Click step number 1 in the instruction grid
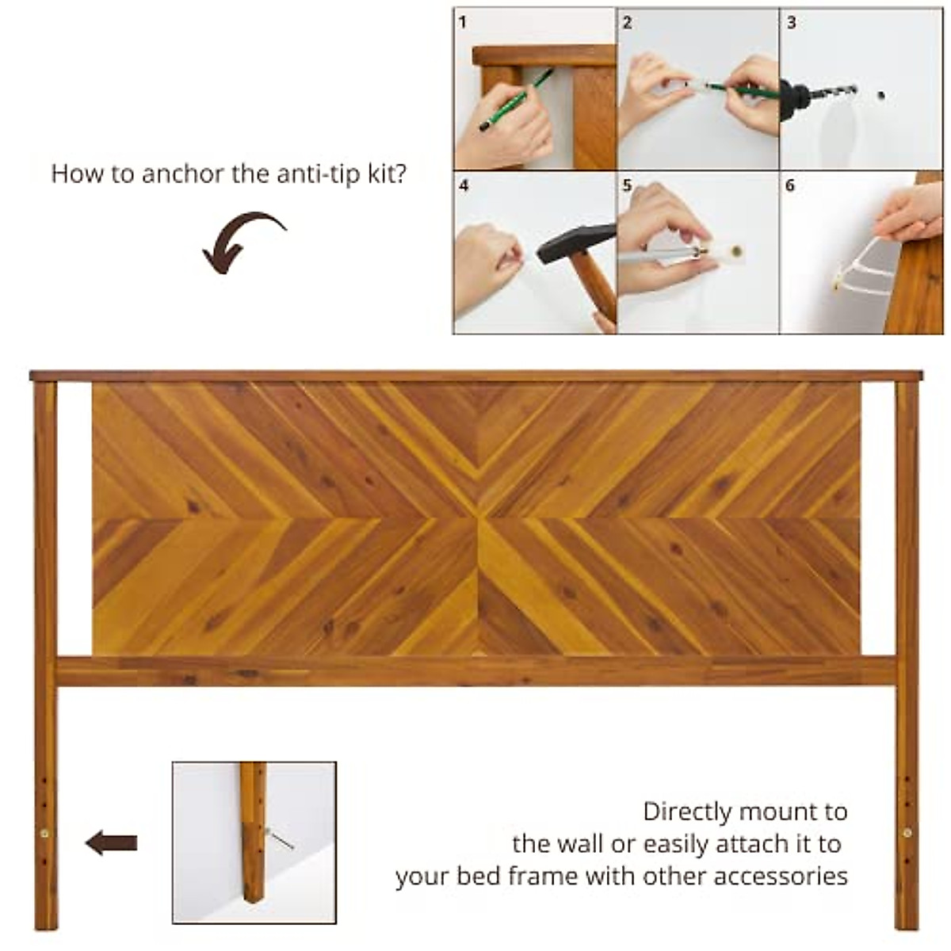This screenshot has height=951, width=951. click(x=463, y=22)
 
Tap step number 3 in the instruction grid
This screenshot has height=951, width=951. click(x=791, y=22)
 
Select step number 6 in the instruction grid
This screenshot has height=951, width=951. click(x=789, y=185)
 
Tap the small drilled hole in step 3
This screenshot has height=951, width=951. click(x=880, y=95)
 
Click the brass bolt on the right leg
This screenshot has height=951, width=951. click(x=907, y=833)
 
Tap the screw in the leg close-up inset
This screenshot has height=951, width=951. click(x=279, y=838)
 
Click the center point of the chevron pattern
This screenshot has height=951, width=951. click(x=478, y=519)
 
